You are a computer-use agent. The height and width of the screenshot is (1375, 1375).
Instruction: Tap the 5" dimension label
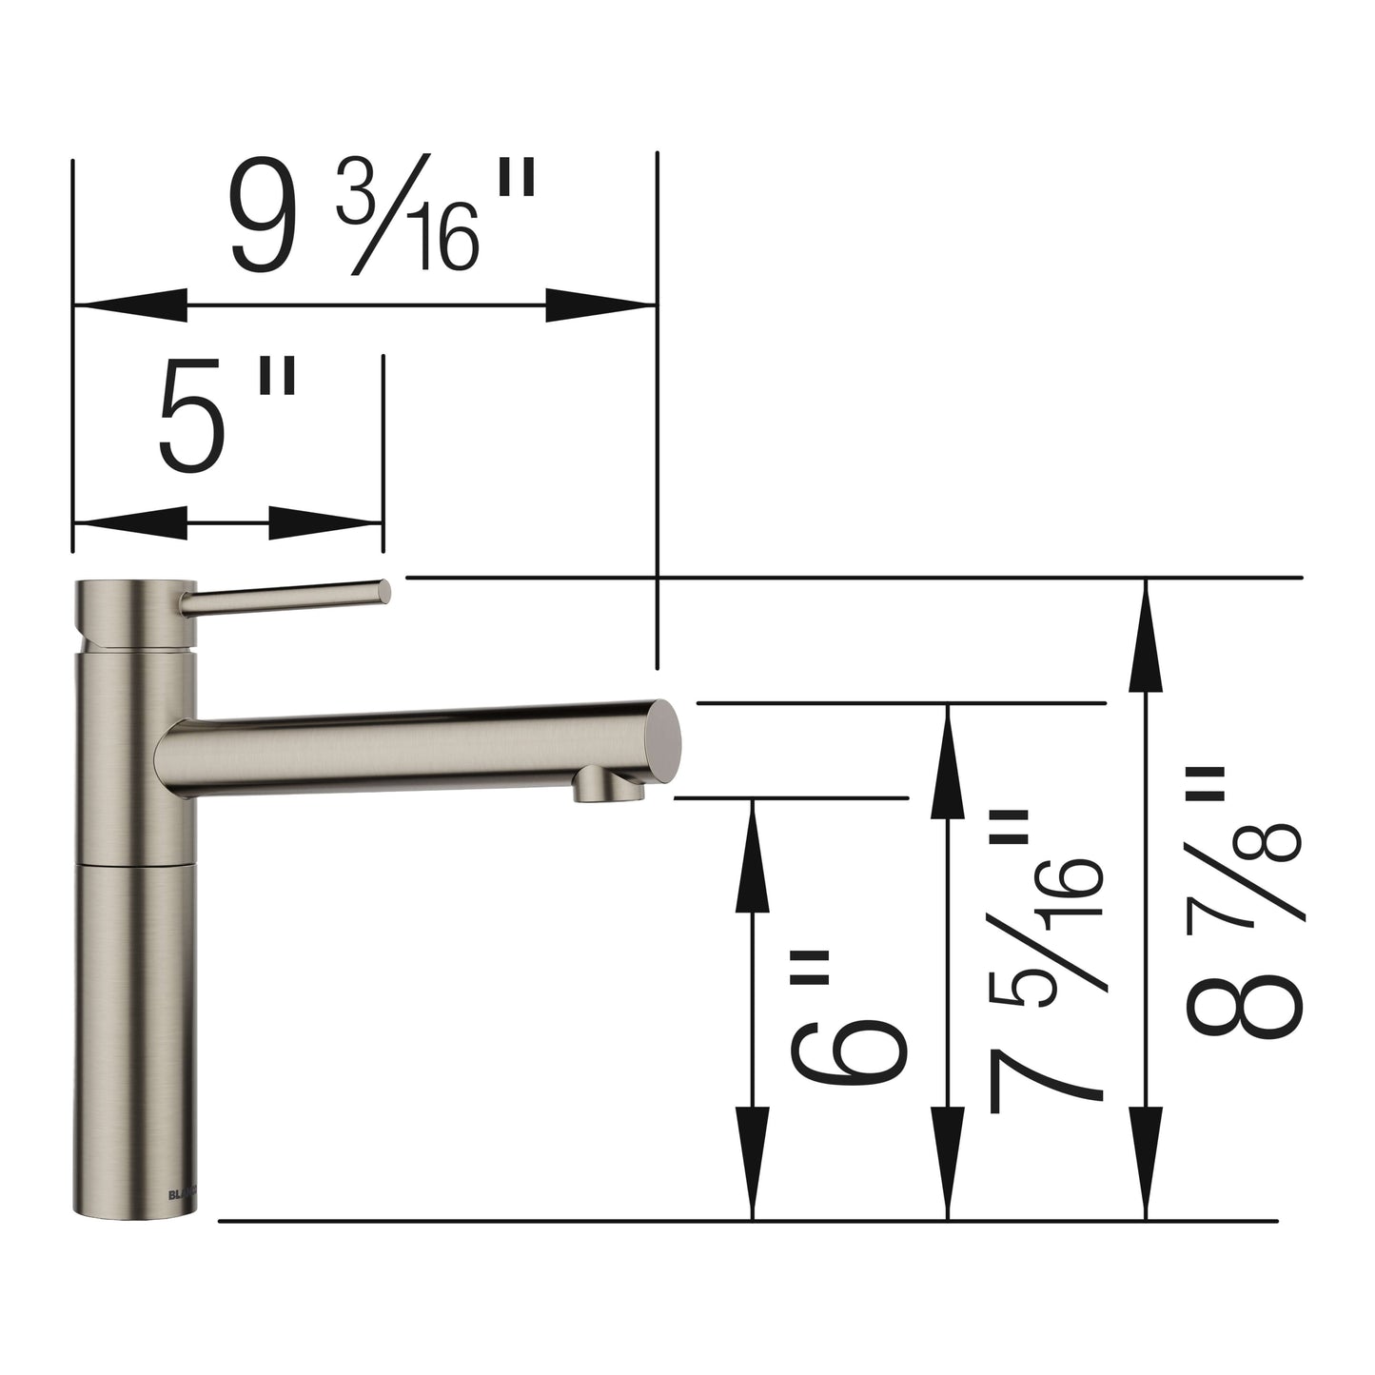tap(226, 417)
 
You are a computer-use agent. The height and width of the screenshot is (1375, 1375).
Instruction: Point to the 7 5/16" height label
tap(1045, 961)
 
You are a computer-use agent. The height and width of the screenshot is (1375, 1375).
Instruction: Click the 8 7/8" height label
tap(1242, 904)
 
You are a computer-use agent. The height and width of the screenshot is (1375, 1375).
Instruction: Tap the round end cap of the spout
tap(663, 739)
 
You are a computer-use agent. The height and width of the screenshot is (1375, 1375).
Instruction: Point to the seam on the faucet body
tap(135, 865)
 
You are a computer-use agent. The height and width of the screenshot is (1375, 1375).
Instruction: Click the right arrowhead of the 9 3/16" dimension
tap(601, 305)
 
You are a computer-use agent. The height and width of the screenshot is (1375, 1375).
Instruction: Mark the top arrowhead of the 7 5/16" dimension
tap(948, 760)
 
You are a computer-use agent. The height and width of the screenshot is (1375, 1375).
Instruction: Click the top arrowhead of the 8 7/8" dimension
tap(1146, 635)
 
